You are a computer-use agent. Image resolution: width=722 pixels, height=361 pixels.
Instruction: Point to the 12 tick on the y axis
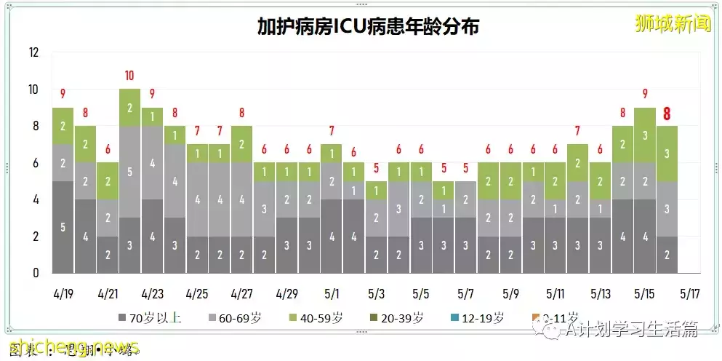pos(33,53)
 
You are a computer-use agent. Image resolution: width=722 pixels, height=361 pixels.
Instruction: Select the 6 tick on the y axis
pos(34,163)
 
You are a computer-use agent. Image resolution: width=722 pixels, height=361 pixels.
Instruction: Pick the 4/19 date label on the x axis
pos(63,295)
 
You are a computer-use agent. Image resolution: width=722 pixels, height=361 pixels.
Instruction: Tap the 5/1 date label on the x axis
pos(332,295)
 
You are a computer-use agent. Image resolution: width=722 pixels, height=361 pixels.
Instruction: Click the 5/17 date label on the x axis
pos(689,295)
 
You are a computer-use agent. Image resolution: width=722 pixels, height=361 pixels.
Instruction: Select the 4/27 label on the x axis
pos(242,295)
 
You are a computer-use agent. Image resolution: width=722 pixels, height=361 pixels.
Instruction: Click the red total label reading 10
pos(129,76)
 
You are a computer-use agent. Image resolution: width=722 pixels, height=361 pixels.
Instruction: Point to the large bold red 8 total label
pos(667,114)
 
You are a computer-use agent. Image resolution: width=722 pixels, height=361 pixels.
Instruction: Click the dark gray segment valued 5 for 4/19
pos(63,227)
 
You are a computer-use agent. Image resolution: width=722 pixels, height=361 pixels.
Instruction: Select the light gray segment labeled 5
pos(129,172)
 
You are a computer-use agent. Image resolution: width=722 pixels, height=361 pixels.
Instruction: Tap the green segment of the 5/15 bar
pos(645,135)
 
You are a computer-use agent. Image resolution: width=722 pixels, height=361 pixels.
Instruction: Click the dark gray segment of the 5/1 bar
pos(332,237)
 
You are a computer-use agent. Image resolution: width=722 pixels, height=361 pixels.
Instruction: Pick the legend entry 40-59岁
pos(318,318)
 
